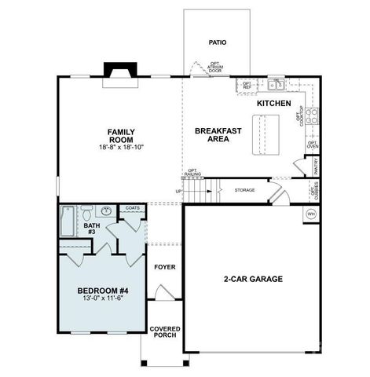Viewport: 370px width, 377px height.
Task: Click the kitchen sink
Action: [276, 84]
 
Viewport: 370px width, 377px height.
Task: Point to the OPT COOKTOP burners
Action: [310, 116]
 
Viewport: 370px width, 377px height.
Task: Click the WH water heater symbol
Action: [310, 214]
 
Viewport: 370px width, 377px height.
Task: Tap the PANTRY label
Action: [315, 166]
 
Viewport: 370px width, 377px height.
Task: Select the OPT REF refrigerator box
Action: [247, 85]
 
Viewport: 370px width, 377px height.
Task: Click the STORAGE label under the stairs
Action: [245, 189]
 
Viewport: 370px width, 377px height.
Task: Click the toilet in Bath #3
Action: [87, 211]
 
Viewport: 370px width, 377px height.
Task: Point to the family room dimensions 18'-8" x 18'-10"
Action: [121, 148]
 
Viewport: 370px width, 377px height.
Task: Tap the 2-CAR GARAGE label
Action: [253, 279]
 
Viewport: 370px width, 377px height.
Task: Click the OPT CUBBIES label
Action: [313, 191]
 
